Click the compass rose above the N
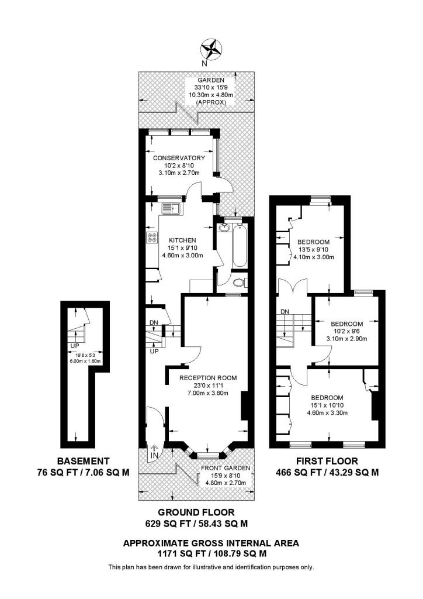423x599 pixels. pyautogui.click(x=211, y=47)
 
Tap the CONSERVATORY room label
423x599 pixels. pyautogui.click(x=179, y=158)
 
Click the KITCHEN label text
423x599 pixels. pyautogui.click(x=182, y=240)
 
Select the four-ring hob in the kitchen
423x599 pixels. pyautogui.click(x=153, y=237)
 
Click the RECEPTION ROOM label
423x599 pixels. pyautogui.click(x=207, y=378)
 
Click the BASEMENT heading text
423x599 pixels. pyautogui.click(x=83, y=460)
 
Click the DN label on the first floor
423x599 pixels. pyautogui.click(x=285, y=311)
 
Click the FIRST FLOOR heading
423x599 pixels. pyautogui.click(x=327, y=460)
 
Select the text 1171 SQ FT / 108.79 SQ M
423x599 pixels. pyautogui.click(x=211, y=553)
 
